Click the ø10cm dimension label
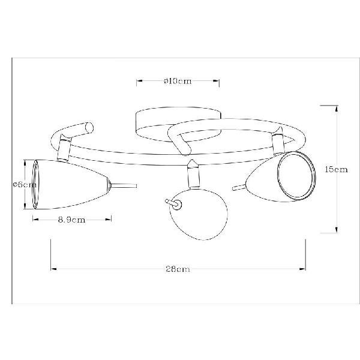click(x=178, y=81)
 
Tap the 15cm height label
click(x=336, y=169)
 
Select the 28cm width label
click(x=178, y=269)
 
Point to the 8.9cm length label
click(x=71, y=220)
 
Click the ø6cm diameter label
click(x=25, y=185)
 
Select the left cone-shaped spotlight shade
click(x=71, y=184)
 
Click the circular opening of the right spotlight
click(x=296, y=176)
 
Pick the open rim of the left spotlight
click(x=35, y=184)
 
